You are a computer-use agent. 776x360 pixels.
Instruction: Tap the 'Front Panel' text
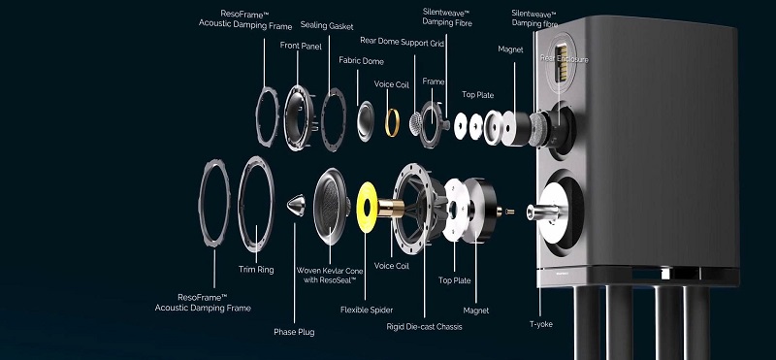(x=302, y=45)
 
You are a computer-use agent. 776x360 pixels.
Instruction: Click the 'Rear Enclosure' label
(x=565, y=59)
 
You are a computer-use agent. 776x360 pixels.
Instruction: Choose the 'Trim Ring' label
(x=253, y=269)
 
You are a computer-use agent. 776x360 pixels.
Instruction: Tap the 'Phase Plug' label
(x=294, y=332)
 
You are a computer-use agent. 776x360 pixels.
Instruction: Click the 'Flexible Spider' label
(x=366, y=310)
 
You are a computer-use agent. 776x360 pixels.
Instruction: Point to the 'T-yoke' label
(x=540, y=323)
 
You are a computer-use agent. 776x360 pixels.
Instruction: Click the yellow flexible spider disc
(x=370, y=208)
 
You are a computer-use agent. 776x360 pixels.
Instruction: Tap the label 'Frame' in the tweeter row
(x=433, y=82)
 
